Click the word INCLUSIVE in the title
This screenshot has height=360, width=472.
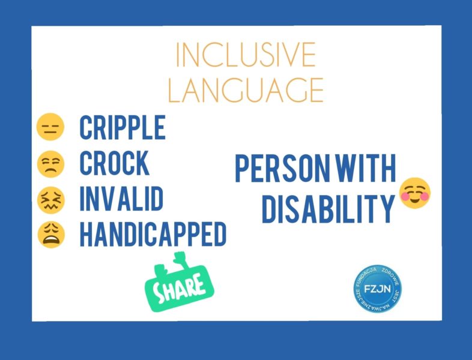[x=246, y=55]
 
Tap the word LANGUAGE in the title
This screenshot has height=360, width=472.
[x=246, y=90]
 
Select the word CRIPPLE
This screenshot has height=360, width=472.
[x=123, y=127]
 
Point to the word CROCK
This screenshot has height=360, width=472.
[x=115, y=163]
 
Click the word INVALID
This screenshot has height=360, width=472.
[x=122, y=198]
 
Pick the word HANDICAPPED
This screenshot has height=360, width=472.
[x=153, y=234]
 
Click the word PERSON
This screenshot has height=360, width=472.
[x=283, y=168]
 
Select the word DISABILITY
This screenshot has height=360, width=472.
[x=328, y=209]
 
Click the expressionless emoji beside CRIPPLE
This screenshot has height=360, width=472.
[x=50, y=127]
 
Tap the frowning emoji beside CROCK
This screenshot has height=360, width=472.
[x=50, y=164]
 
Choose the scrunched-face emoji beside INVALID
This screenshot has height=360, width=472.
[x=51, y=200]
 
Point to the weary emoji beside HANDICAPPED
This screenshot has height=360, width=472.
[x=51, y=235]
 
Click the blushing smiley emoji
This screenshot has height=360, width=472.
[x=415, y=193]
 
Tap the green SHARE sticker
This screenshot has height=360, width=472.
[x=180, y=283]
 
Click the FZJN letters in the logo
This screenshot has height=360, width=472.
[x=377, y=289]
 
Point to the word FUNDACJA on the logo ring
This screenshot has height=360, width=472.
[x=366, y=275]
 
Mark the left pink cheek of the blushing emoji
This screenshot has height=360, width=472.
[x=405, y=196]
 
